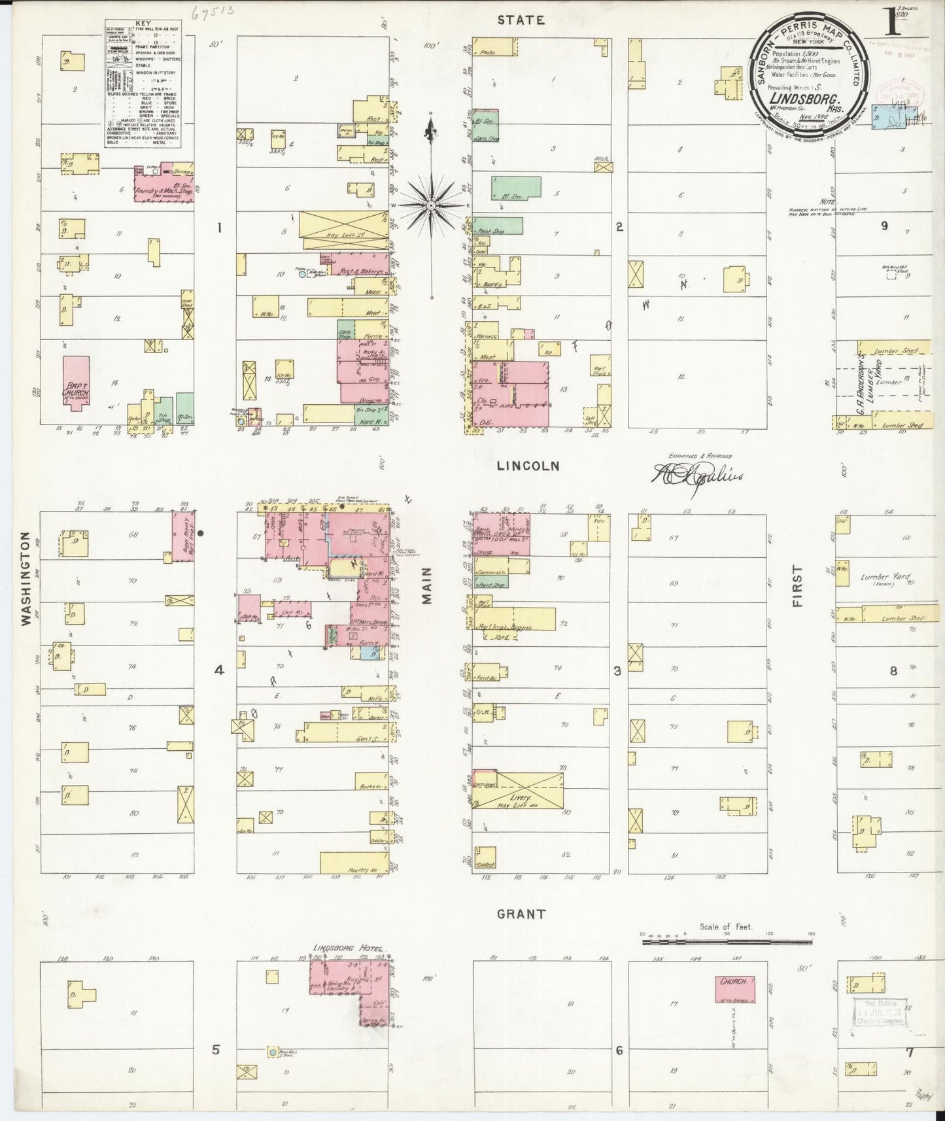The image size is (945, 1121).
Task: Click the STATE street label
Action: pos(521,20)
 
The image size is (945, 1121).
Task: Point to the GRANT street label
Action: pos(521,914)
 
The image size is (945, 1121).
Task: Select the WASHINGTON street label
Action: pos(26,578)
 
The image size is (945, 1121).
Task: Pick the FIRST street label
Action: pos(797,586)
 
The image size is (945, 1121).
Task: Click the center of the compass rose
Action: pos(431,206)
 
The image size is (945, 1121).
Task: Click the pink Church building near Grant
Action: pos(734,989)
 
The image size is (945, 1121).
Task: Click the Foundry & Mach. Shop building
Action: pos(163,183)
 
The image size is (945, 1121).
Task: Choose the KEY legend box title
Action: pos(143,23)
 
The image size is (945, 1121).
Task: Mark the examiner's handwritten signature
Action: pos(696,475)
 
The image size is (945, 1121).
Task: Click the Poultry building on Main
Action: pos(356,863)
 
